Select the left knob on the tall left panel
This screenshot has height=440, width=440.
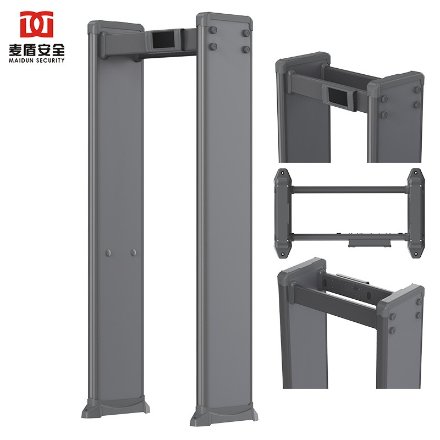(108, 252)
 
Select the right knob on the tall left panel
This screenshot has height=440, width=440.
(133, 252)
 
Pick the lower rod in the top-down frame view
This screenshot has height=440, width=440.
(349, 235)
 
